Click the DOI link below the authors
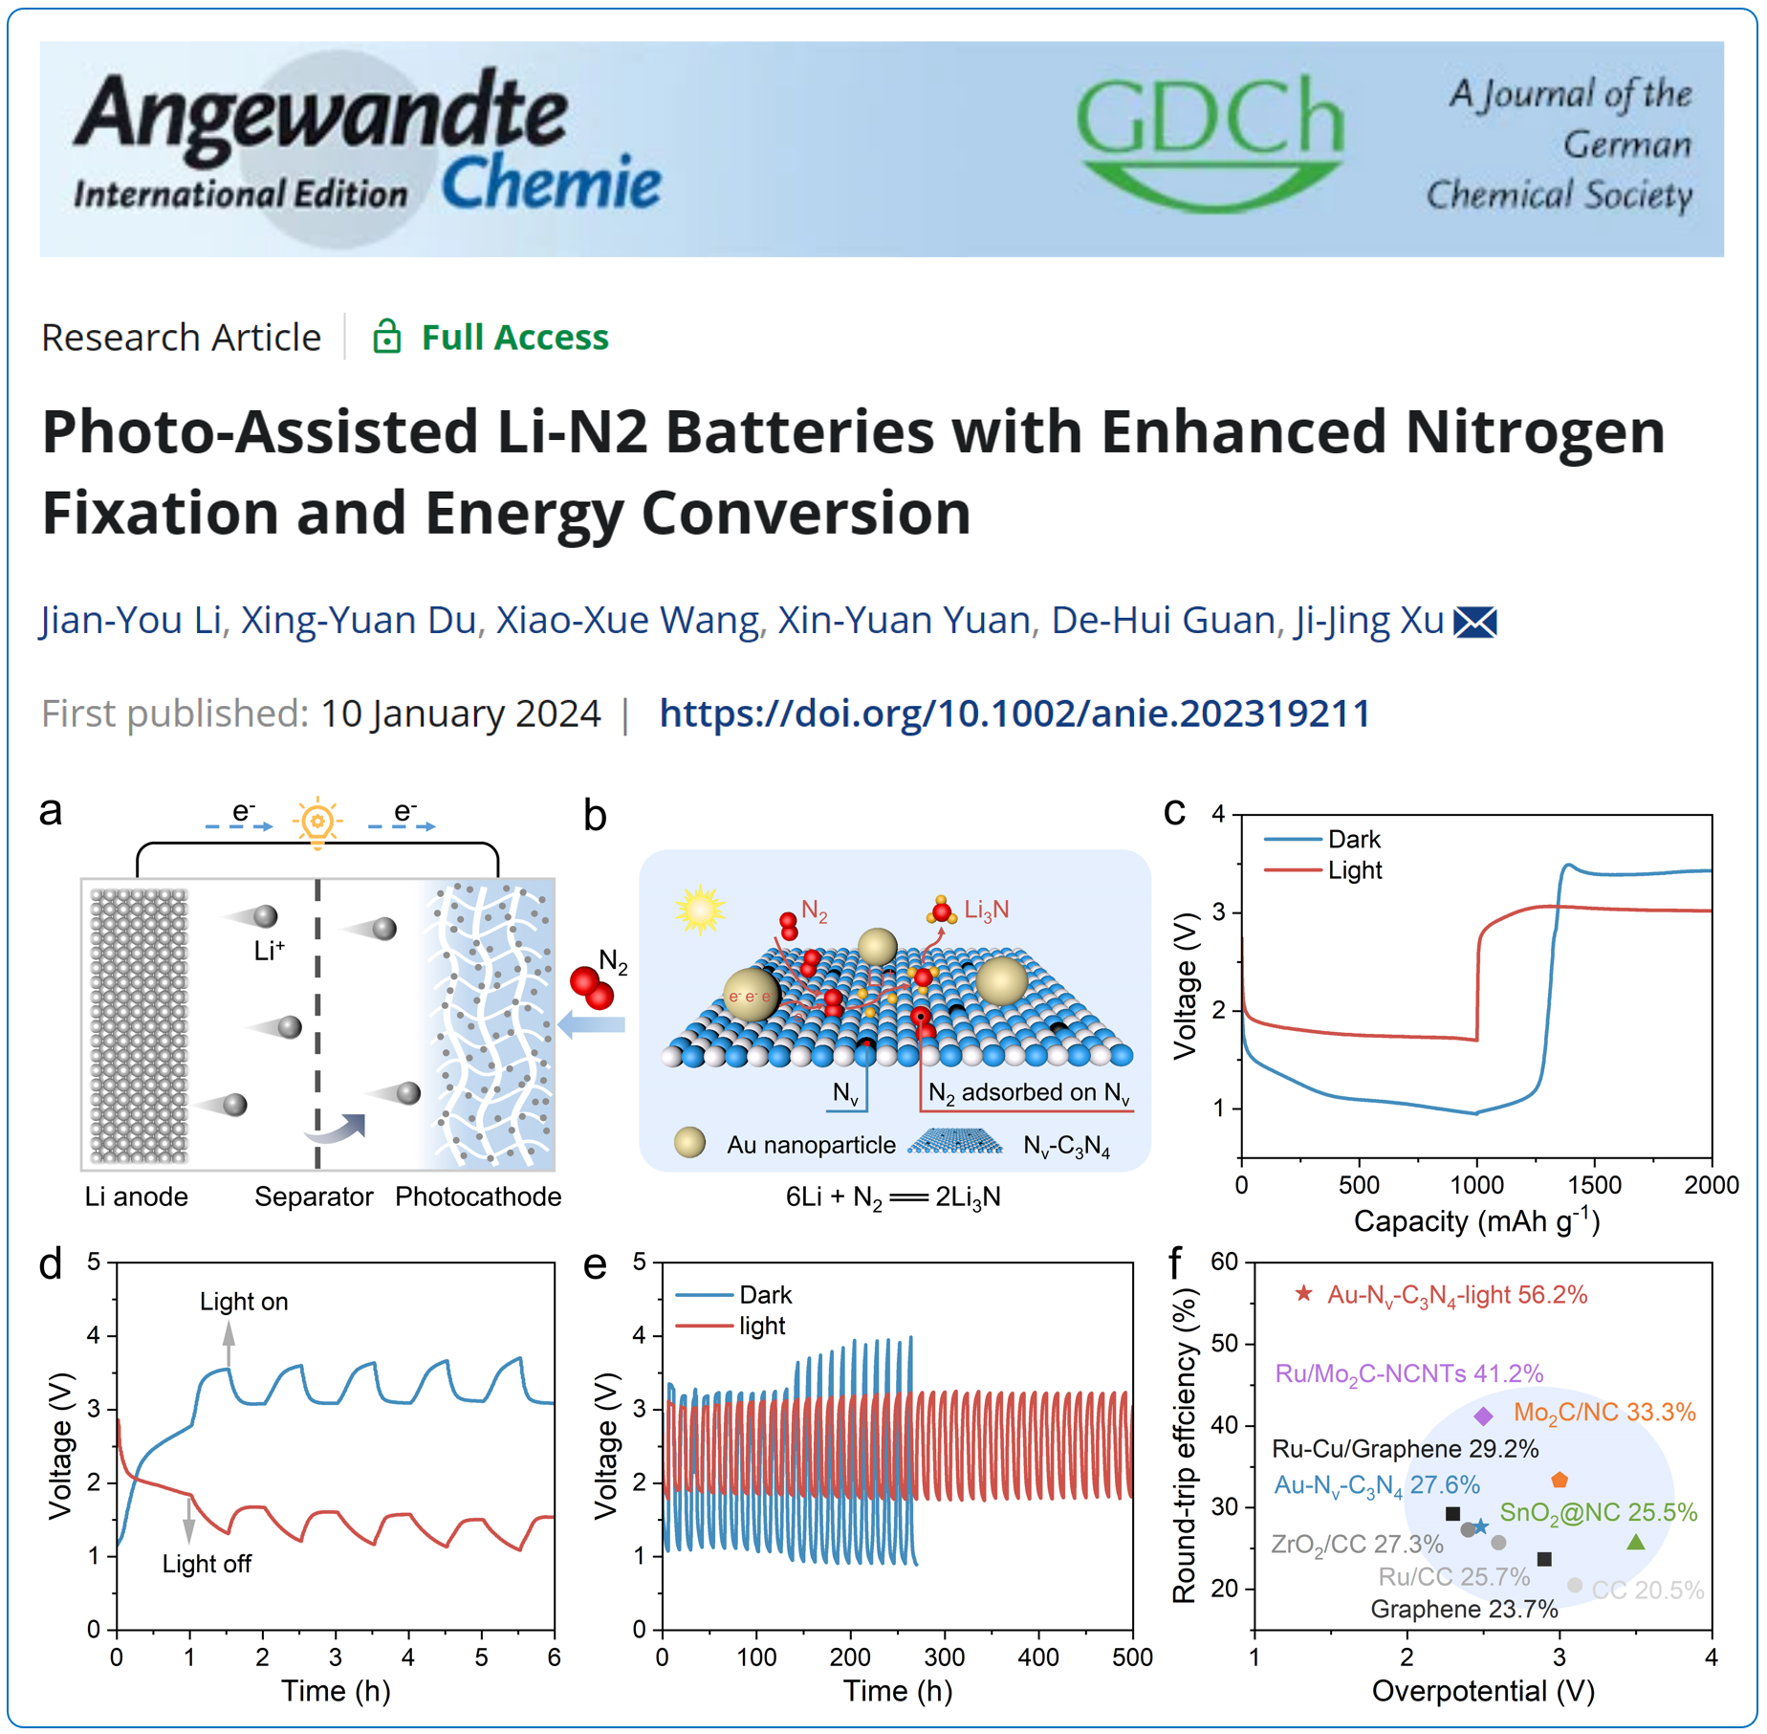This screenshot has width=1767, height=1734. (1014, 713)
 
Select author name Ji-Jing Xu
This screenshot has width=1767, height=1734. (1368, 621)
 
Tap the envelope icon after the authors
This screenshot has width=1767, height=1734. (1474, 623)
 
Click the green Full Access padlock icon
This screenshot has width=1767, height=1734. (386, 337)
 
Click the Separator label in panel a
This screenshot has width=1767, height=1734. (314, 1196)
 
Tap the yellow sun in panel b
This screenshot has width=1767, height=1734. (700, 909)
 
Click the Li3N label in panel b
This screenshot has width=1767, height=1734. (986, 910)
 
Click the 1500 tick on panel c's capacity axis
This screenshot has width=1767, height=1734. (1595, 1185)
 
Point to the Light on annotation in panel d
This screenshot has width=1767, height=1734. (244, 1302)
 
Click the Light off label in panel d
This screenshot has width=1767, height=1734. (207, 1564)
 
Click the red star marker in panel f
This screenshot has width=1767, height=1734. (1303, 1294)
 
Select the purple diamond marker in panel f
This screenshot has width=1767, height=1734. (1483, 1416)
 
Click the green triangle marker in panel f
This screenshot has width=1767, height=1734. (1636, 1542)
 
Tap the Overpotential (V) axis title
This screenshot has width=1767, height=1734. (1483, 1691)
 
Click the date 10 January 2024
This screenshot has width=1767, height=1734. (460, 713)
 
